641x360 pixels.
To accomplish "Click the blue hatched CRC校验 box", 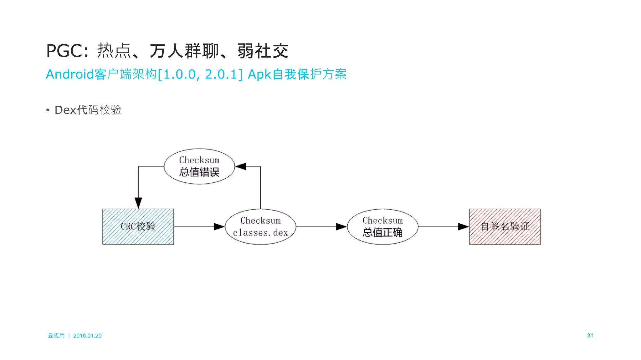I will (x=138, y=226).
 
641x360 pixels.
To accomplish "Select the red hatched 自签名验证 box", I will (x=505, y=226).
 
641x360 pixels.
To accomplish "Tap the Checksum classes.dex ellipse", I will (x=260, y=226).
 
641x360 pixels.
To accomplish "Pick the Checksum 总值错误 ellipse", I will (x=199, y=166).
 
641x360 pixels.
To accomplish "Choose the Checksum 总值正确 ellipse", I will (x=382, y=226).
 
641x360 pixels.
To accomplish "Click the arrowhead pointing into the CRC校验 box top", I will (x=138, y=203).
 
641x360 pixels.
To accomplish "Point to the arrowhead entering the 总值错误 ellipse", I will (x=241, y=166).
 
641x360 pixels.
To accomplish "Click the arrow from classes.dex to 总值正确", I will (x=321, y=226).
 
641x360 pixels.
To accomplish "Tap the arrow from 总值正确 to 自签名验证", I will (x=443, y=226).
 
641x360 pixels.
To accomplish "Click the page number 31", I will (x=590, y=336).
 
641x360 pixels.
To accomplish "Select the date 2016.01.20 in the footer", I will (x=87, y=336).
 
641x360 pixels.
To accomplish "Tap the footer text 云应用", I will (x=56, y=336).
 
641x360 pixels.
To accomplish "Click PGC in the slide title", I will (x=64, y=51).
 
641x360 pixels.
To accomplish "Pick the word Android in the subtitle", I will (x=70, y=74).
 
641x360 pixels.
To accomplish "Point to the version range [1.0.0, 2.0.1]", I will (x=200, y=74).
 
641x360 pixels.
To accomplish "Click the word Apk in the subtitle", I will (x=259, y=74).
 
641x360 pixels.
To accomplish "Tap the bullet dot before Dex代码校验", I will (x=48, y=110).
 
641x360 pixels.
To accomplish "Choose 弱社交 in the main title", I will (x=263, y=51).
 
